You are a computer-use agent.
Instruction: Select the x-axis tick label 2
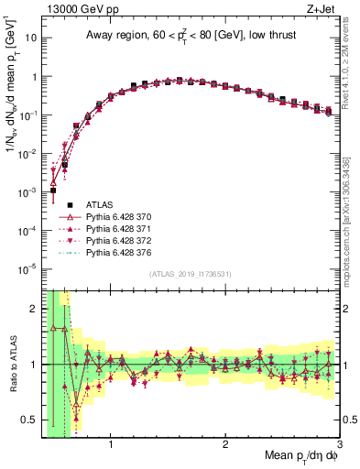pos(225,447)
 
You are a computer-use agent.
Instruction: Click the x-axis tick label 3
pos(339,447)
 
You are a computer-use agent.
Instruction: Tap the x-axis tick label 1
pos(111,447)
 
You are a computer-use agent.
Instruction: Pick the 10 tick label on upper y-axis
pos(29,38)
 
